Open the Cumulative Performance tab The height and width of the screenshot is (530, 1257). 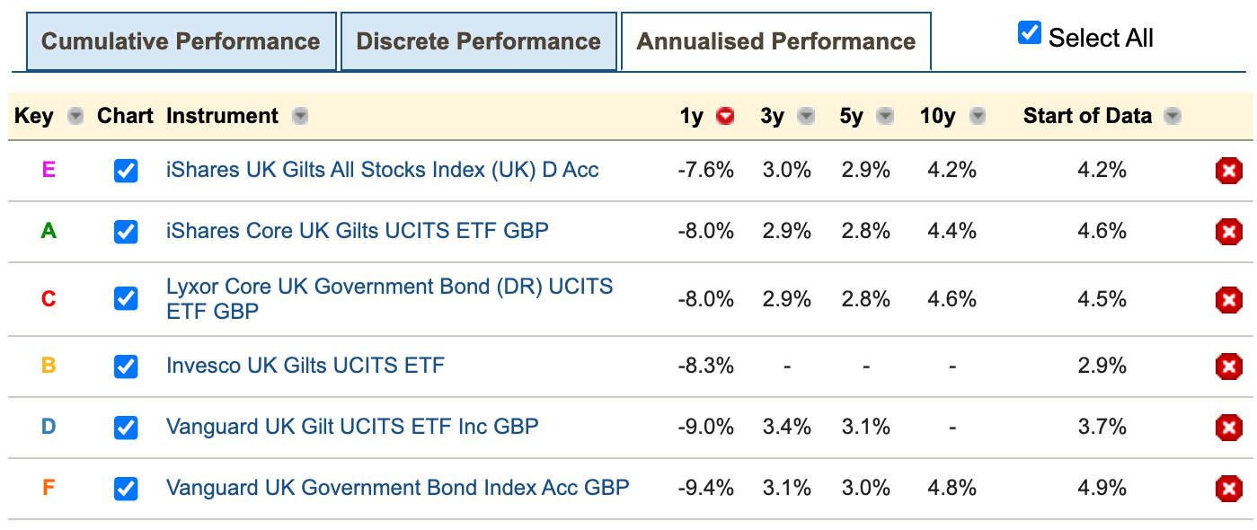(x=181, y=41)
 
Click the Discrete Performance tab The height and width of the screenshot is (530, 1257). (x=478, y=41)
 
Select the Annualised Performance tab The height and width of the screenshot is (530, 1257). (x=775, y=41)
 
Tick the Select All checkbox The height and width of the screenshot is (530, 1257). (x=1029, y=34)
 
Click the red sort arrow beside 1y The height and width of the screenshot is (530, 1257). (x=725, y=116)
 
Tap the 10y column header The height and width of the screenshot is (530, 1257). (x=937, y=116)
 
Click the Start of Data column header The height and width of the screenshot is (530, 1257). (x=1086, y=116)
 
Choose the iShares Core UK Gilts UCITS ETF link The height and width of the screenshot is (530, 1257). (x=357, y=231)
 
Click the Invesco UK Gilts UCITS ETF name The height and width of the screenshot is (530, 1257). (x=305, y=366)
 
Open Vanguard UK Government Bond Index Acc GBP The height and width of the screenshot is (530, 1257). (x=397, y=488)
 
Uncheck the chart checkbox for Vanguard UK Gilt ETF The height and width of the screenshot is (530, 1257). (x=126, y=428)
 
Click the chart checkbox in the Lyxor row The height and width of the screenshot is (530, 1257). (x=126, y=298)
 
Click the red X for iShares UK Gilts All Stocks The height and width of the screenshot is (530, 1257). (x=1228, y=171)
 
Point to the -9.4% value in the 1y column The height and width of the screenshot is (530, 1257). (x=705, y=488)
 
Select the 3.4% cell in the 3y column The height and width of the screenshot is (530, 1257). (x=786, y=427)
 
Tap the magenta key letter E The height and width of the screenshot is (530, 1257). (x=49, y=170)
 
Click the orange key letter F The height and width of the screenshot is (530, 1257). (x=49, y=488)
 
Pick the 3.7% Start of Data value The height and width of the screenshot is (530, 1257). (x=1102, y=427)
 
